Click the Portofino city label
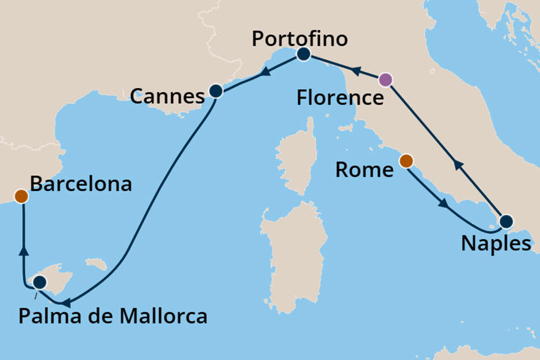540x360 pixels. pos(299,38)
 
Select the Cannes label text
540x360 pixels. pos(167,97)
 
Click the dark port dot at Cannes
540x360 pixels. pos(216,91)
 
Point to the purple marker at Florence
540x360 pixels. pos(386,80)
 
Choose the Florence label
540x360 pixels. pos(341,98)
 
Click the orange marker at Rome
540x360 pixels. pos(406,161)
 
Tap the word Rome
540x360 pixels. pos(365,169)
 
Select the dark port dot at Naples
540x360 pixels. pos(506,222)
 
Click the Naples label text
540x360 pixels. pos(496,243)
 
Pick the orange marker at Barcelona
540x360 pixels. pos(21,196)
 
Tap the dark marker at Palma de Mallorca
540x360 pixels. pos(40,282)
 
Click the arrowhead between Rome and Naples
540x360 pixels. pos(444,204)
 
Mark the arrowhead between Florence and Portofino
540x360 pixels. pos(355,71)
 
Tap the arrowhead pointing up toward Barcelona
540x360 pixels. pos(24,251)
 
